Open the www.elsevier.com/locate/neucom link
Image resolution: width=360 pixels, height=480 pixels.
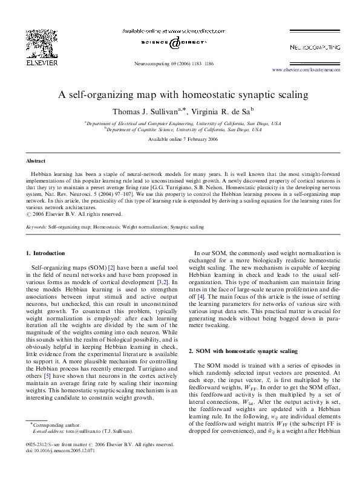[306, 70]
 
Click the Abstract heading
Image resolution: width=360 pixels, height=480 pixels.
[36, 161]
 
